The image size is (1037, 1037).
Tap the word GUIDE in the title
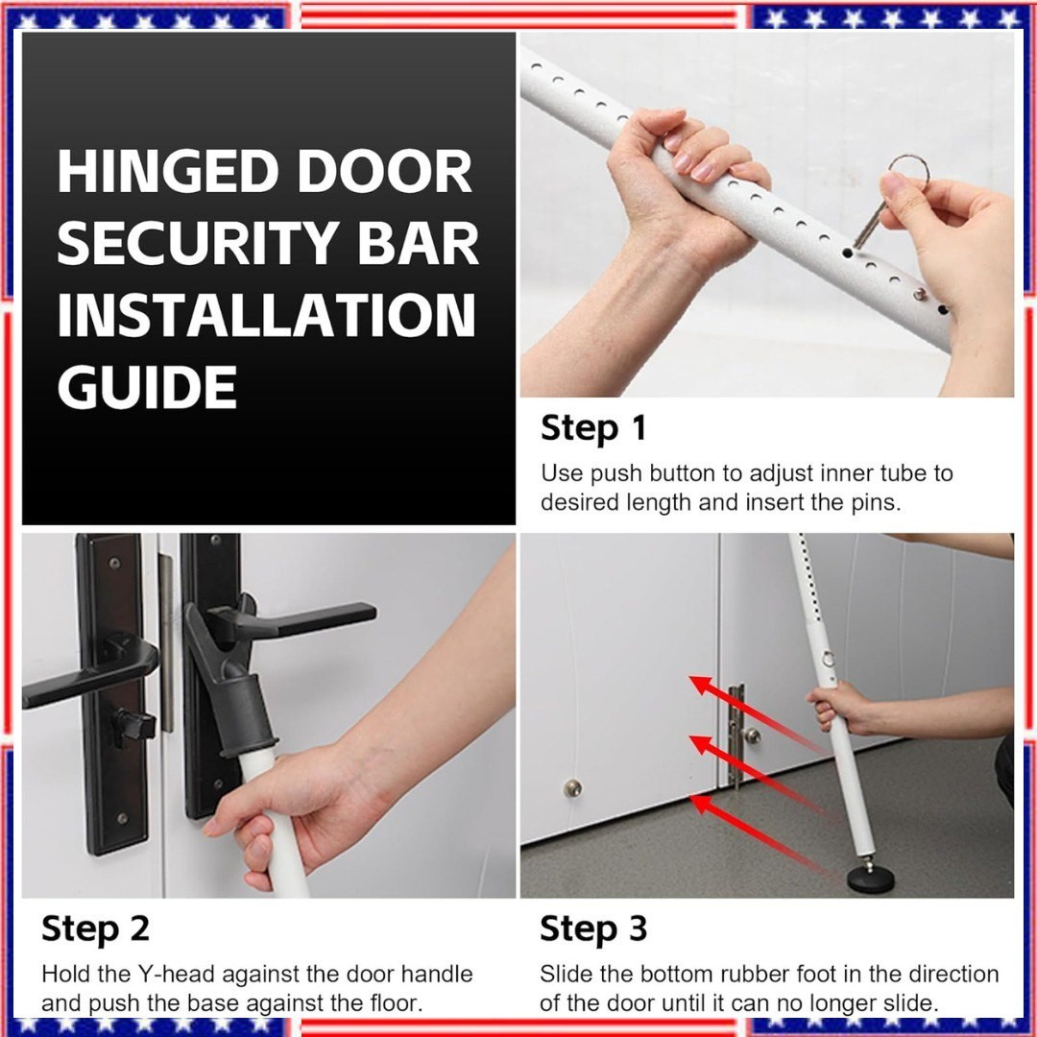click(x=147, y=387)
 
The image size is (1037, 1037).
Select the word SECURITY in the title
click(x=198, y=242)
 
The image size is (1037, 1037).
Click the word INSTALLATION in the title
click(x=267, y=315)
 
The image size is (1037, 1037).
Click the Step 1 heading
click(x=593, y=428)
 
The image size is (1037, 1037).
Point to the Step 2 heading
click(x=95, y=928)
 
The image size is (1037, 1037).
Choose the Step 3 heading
click(x=593, y=928)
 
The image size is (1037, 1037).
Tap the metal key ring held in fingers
click(x=906, y=172)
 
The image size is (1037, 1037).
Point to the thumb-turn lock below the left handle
click(x=134, y=728)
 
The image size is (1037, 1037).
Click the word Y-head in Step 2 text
click(x=176, y=975)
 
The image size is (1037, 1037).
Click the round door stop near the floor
click(x=572, y=787)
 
